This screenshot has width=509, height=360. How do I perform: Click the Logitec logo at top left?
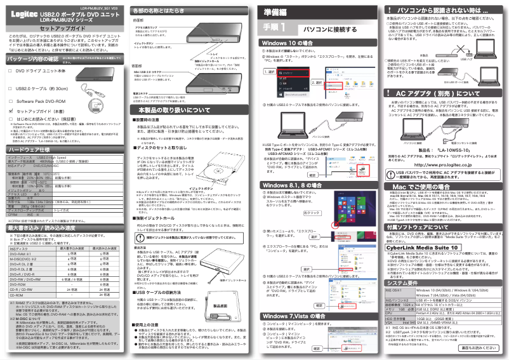[x=20, y=13]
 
